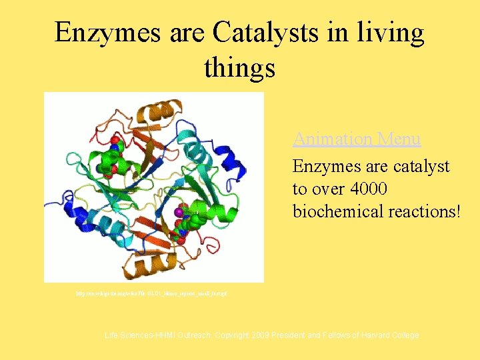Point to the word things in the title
click(x=239, y=67)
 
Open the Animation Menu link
click(x=357, y=139)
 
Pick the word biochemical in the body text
click(x=334, y=211)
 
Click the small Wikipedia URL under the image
click(x=151, y=293)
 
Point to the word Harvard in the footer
click(x=376, y=335)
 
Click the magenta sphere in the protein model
click(x=179, y=212)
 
